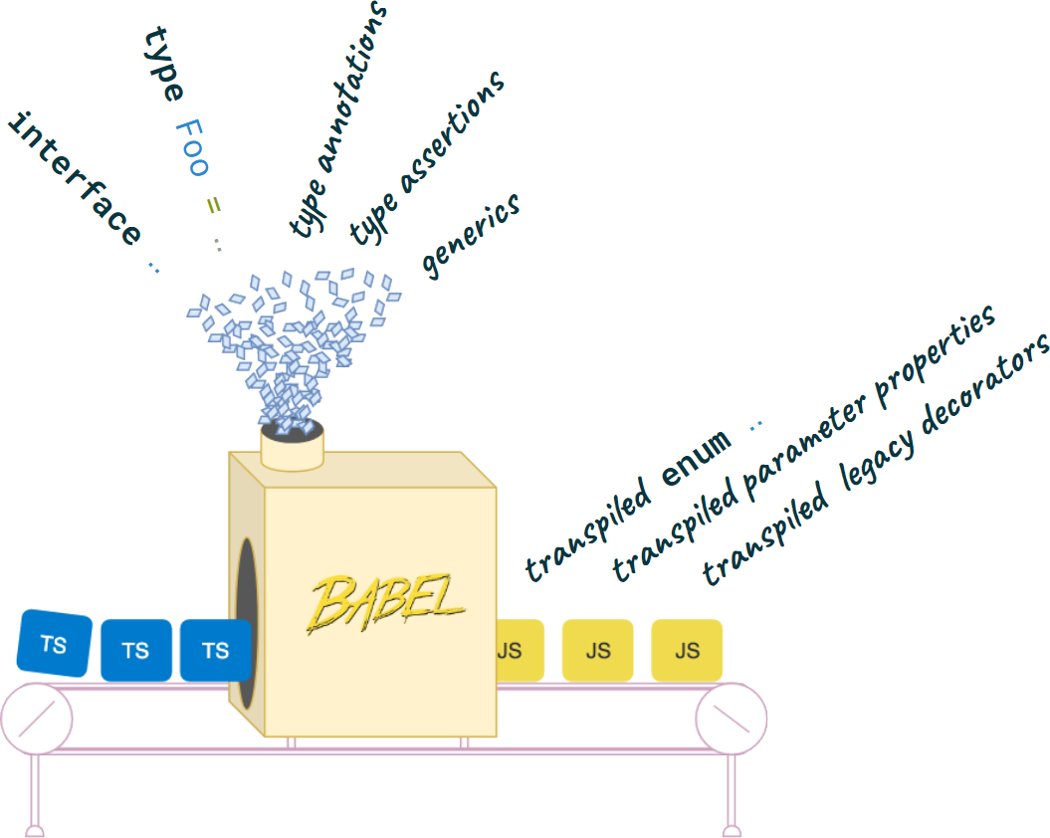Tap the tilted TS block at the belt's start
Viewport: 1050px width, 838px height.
[x=55, y=644]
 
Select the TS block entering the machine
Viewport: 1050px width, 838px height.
[x=214, y=651]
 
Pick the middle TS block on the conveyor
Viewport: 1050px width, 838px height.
[x=135, y=651]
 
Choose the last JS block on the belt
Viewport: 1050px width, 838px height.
[x=687, y=651]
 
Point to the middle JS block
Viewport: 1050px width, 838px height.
[x=597, y=651]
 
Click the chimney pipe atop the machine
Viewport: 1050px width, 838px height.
[x=293, y=445]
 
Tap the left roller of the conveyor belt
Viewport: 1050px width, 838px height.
[x=37, y=719]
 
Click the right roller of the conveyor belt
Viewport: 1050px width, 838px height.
[x=732, y=719]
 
